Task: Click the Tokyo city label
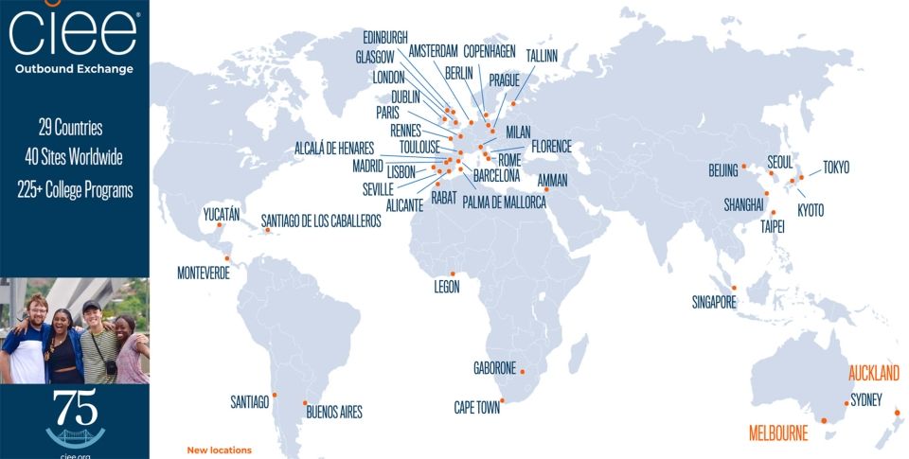click(835, 168)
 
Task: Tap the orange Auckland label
click(873, 373)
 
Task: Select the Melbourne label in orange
click(778, 434)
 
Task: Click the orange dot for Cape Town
click(502, 400)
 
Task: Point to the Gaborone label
click(494, 368)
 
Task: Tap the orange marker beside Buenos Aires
click(305, 403)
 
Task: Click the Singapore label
click(714, 303)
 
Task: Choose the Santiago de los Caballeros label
click(321, 221)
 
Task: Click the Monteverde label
click(205, 274)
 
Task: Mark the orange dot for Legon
click(454, 274)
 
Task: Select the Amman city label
click(552, 179)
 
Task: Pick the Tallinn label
click(542, 56)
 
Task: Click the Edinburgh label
click(385, 37)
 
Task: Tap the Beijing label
click(722, 171)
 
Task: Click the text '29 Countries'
click(71, 128)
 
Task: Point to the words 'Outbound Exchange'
click(74, 69)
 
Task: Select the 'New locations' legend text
click(220, 450)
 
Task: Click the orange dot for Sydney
click(846, 402)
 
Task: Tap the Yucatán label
click(222, 214)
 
